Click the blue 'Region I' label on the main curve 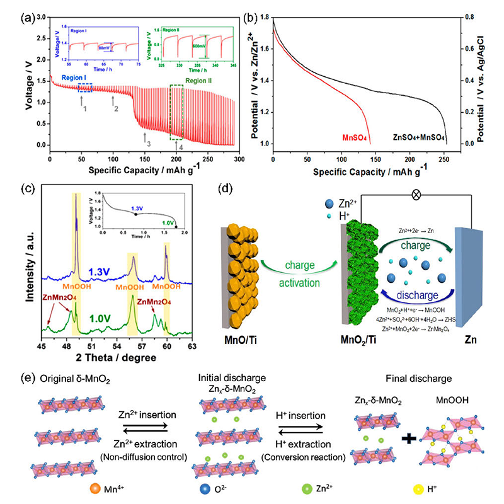(x=77, y=77)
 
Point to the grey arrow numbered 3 (x=147, y=139)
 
